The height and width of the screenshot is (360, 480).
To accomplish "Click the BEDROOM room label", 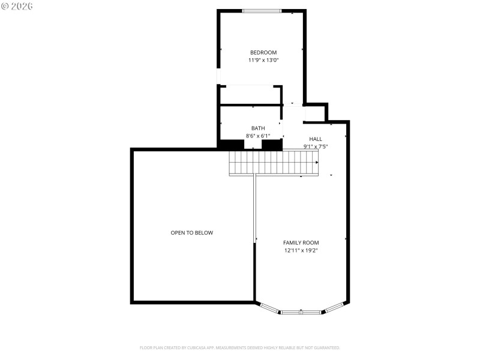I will click(x=263, y=53).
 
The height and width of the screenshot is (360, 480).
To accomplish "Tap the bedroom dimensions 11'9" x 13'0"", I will click(x=263, y=61).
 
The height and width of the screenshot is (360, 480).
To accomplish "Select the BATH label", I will click(x=258, y=128).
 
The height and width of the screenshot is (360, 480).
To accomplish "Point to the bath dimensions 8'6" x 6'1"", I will click(x=258, y=136).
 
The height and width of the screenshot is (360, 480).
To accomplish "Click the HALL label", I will click(x=316, y=139).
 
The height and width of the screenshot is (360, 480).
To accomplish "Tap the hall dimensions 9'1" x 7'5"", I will click(x=316, y=146).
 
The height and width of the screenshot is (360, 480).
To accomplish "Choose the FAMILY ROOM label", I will click(x=301, y=242).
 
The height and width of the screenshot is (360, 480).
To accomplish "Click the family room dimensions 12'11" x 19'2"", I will click(x=301, y=250).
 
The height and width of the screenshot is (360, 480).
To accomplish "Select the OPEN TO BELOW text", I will click(x=191, y=233).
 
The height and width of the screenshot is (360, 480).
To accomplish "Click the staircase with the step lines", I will click(x=274, y=162).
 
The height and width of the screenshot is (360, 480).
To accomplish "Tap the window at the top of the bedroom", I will click(x=262, y=11).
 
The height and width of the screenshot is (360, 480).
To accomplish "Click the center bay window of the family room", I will click(x=301, y=312).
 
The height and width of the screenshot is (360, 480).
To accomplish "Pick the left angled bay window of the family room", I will click(x=270, y=308).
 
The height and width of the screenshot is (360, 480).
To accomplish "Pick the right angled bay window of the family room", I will click(x=333, y=308).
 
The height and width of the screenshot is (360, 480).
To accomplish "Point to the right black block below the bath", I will click(x=272, y=145).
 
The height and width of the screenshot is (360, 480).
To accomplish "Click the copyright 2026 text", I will click(x=18, y=6).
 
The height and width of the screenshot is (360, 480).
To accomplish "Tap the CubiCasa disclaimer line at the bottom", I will click(x=240, y=347).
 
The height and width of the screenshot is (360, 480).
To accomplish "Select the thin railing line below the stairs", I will click(x=255, y=207).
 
